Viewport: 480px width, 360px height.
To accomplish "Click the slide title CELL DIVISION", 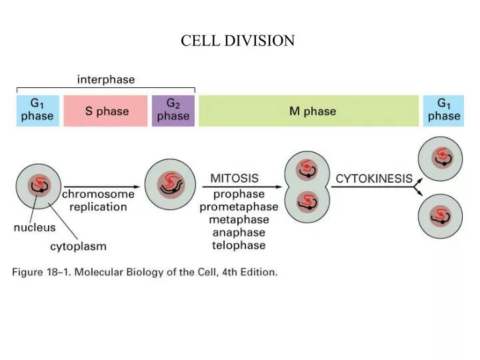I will pyautogui.click(x=237, y=41).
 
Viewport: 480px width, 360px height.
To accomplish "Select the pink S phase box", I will pyautogui.click(x=105, y=111).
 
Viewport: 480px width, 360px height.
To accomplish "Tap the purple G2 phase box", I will pyautogui.click(x=173, y=111).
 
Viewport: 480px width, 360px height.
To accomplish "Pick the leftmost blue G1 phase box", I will pyautogui.click(x=37, y=111).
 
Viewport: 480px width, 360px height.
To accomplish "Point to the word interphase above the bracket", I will pyautogui.click(x=106, y=80).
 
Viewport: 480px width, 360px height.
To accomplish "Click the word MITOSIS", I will pyautogui.click(x=235, y=179).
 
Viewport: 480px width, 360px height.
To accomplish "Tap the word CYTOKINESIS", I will pyautogui.click(x=374, y=179).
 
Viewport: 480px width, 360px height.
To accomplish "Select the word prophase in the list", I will pyautogui.click(x=239, y=195).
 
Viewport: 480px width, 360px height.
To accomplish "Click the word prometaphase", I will pyautogui.click(x=239, y=207).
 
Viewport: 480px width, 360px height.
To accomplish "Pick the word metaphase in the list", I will pyautogui.click(x=239, y=220).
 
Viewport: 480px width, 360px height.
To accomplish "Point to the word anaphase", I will pyautogui.click(x=239, y=233).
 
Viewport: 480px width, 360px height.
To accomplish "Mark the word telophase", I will pyautogui.click(x=239, y=245).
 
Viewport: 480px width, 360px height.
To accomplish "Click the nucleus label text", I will pyautogui.click(x=35, y=228).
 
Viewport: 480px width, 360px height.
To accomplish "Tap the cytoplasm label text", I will pyautogui.click(x=78, y=247).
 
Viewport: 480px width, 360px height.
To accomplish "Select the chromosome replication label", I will pyautogui.click(x=98, y=201).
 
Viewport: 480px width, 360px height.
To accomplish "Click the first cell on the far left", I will pyautogui.click(x=39, y=184).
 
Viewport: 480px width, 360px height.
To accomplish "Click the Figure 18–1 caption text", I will pyautogui.click(x=144, y=273).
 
